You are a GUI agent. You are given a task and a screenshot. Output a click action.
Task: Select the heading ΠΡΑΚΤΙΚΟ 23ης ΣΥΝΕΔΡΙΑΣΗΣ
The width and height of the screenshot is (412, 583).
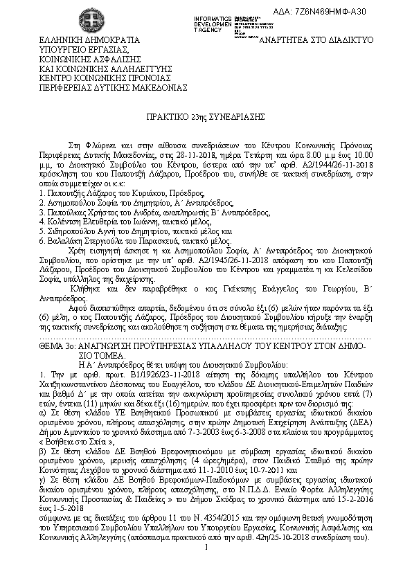point(206,118)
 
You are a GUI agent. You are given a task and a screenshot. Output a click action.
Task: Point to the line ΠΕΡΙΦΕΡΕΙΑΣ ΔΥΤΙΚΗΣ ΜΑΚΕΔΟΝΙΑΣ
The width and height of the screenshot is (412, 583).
point(103,89)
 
